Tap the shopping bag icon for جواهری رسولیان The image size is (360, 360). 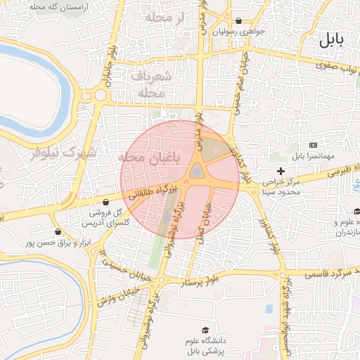pos(239,20)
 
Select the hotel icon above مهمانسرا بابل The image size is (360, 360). pos(314,144)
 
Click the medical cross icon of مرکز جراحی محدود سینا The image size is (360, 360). pos(281,171)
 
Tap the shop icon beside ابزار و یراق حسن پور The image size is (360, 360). pos(58,231)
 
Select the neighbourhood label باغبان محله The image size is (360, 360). pos(150,157)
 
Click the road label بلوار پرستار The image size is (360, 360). pos(202,282)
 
